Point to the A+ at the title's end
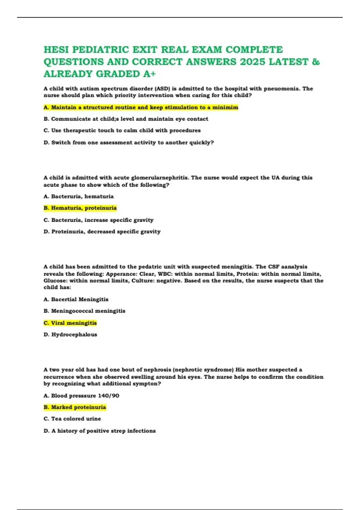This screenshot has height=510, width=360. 149,74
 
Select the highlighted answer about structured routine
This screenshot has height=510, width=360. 141,107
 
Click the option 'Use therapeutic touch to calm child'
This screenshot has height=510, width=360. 122,130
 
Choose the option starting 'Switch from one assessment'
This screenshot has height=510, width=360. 129,142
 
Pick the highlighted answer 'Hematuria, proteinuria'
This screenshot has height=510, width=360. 80,208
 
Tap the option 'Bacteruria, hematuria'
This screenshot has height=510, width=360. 79,196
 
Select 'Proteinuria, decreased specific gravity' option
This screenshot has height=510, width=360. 102,232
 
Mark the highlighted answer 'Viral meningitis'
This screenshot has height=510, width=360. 70,323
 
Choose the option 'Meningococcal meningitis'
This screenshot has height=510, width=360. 84,311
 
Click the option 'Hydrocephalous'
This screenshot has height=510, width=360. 70,334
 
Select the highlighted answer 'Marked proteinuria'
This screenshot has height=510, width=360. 75,407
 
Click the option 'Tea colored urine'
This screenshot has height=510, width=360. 72,419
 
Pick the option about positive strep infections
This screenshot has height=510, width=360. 100,431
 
